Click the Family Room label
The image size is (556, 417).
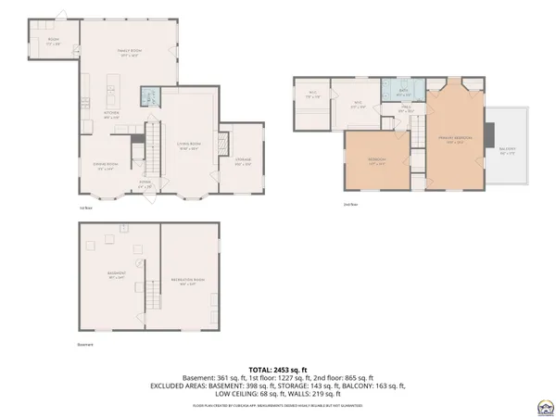click(x=128, y=52)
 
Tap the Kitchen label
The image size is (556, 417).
click(x=111, y=115)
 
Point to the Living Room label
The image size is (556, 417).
click(x=188, y=146)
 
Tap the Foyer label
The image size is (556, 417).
click(x=145, y=183)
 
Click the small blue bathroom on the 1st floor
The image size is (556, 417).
click(x=150, y=96)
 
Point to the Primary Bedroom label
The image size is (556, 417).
click(x=455, y=140)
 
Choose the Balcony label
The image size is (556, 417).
click(x=507, y=151)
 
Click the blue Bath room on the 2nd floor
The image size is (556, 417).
click(x=403, y=93)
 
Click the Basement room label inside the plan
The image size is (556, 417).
click(x=116, y=275)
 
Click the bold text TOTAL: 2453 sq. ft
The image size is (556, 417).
click(x=278, y=369)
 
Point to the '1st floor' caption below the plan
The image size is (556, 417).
click(x=86, y=208)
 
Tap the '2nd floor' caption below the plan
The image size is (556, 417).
click(x=350, y=202)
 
